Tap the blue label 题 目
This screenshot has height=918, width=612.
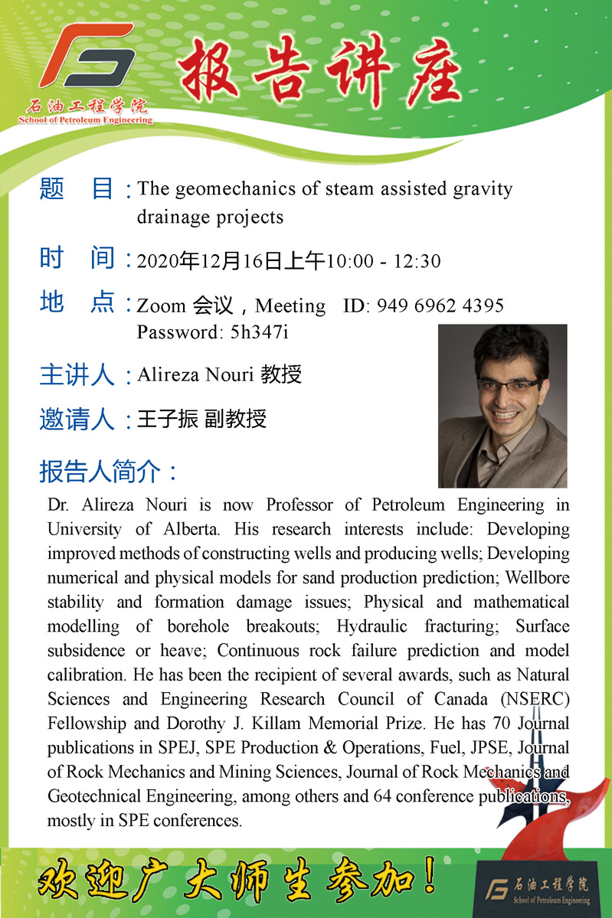[77, 189]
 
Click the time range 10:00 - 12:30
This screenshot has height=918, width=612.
[384, 261]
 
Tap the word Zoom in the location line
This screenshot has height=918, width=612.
[161, 306]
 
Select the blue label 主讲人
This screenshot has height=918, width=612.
[77, 375]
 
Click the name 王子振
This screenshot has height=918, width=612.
[167, 419]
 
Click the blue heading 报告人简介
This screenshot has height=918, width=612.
[107, 472]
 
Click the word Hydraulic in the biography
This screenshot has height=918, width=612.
[371, 626]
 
